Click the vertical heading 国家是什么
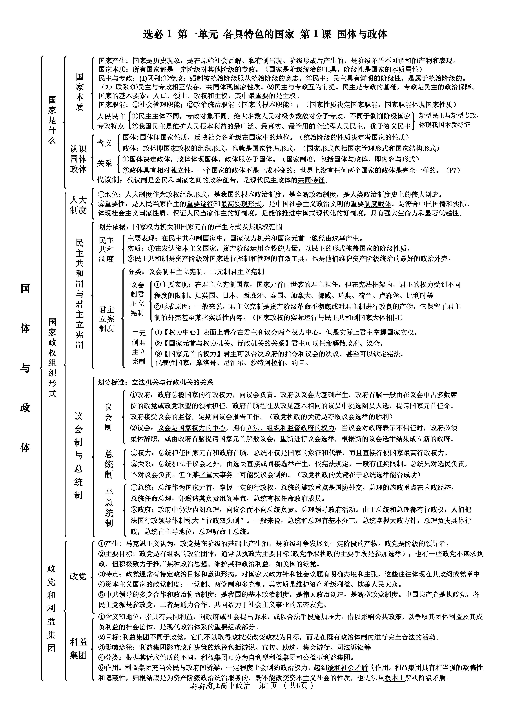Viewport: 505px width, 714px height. pyautogui.click(x=52, y=120)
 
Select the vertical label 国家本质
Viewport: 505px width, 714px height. pyautogui.click(x=80, y=92)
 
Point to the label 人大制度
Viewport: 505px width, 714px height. pyautogui.click(x=78, y=205)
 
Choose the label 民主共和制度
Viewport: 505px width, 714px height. pyautogui.click(x=106, y=249)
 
